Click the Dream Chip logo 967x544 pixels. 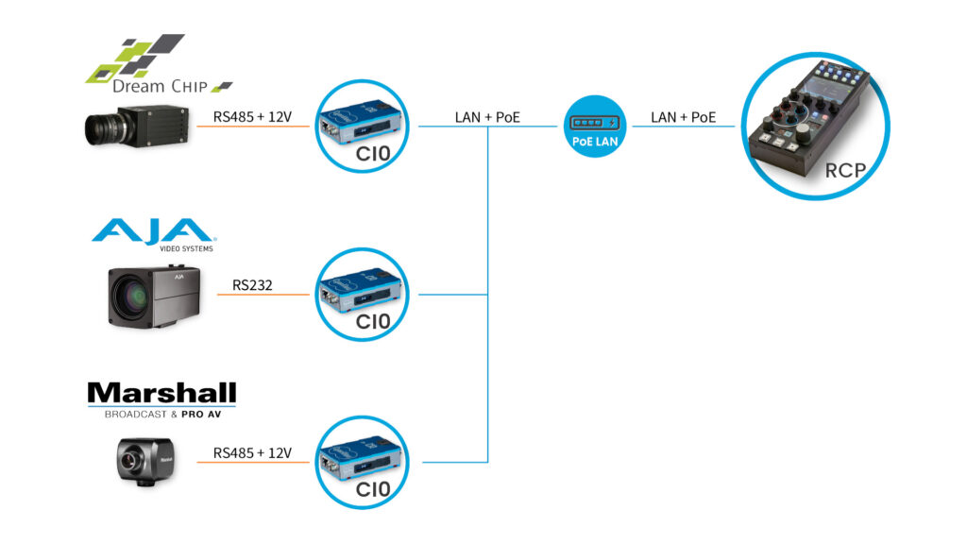(x=159, y=64)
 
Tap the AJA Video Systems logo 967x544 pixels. (x=154, y=235)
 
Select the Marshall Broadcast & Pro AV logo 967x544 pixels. (x=161, y=400)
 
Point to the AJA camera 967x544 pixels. (x=154, y=297)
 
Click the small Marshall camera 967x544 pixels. (x=145, y=462)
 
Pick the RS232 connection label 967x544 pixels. (x=252, y=285)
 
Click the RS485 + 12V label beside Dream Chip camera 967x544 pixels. (x=252, y=116)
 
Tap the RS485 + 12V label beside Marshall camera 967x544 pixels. (x=252, y=452)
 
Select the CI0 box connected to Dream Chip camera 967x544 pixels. (x=362, y=126)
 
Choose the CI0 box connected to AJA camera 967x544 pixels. (x=362, y=295)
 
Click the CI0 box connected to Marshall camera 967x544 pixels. (x=362, y=462)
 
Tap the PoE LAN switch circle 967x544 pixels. (x=595, y=127)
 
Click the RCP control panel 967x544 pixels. (x=815, y=126)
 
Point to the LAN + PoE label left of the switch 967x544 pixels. (x=487, y=117)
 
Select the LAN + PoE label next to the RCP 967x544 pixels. (x=684, y=117)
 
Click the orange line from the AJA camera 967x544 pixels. (x=263, y=295)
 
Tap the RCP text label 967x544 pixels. (x=845, y=170)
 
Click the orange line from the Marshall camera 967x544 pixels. (x=253, y=462)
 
